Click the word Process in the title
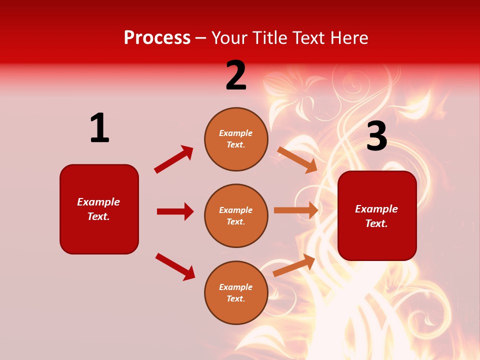tap(157, 38)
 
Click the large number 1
tap(99, 128)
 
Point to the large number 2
tap(236, 75)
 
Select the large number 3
tap(376, 137)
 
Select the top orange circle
tap(236, 139)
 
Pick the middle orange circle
tap(236, 216)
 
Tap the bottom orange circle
tap(236, 293)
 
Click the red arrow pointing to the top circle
tap(173, 159)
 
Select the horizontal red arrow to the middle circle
tap(175, 211)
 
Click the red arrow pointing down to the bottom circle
tap(175, 266)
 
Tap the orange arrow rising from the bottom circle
tap(294, 265)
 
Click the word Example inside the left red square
tap(98, 202)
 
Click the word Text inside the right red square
tap(376, 223)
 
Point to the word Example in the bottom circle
tap(236, 287)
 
